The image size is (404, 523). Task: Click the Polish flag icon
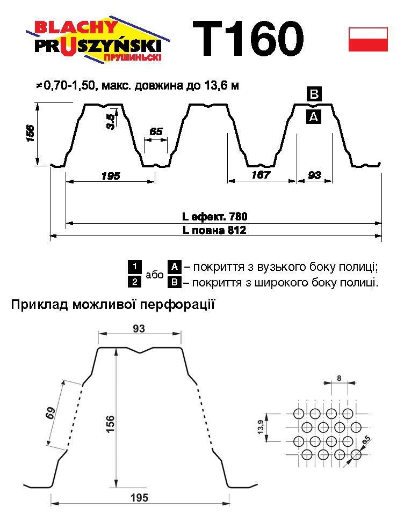coord(368,39)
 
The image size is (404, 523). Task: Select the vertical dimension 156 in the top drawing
coord(30,134)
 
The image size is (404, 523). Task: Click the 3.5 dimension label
coord(110,122)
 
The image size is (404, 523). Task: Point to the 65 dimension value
coord(156,131)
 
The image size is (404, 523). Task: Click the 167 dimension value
coord(261,175)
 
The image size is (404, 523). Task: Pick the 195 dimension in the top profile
coord(110,175)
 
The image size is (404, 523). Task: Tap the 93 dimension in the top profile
coord(315,175)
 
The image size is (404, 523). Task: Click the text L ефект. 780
coord(214,217)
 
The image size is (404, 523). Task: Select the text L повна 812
coord(214,231)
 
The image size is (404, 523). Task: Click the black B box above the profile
coord(314,94)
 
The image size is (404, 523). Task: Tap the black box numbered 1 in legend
coord(134,266)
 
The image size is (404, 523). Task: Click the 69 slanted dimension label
coord(50,415)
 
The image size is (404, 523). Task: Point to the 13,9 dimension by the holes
coord(261,428)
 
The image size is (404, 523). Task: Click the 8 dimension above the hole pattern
coord(339,378)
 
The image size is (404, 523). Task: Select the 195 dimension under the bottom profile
coord(139,498)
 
